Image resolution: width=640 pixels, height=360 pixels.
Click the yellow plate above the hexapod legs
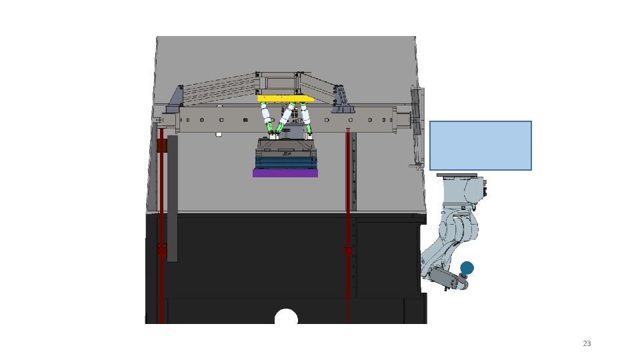[286, 99]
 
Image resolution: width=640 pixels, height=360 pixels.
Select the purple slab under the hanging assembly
[285, 173]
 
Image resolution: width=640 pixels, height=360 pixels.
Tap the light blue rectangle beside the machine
[481, 146]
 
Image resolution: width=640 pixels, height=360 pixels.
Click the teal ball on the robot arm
[467, 268]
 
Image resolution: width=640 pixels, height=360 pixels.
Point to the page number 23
[587, 343]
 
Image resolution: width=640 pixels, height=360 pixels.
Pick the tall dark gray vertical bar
[172, 199]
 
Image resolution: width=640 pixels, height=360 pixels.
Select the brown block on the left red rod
[161, 146]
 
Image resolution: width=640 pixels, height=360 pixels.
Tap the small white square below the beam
[219, 134]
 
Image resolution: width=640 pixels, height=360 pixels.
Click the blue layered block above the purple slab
[285, 163]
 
